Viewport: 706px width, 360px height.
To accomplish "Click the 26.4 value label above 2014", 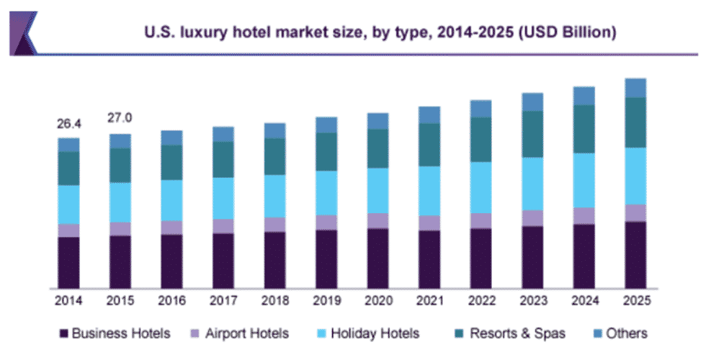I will pyautogui.click(x=69, y=124).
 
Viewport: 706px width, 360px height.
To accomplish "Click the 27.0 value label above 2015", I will pyautogui.click(x=120, y=118).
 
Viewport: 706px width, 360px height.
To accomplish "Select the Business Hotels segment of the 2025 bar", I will pyautogui.click(x=635, y=255).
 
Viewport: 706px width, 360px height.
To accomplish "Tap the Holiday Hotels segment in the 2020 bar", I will pyautogui.click(x=377, y=190).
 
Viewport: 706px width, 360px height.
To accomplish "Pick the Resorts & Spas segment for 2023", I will pyautogui.click(x=532, y=134).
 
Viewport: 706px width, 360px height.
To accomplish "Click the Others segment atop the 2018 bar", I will pyautogui.click(x=274, y=130).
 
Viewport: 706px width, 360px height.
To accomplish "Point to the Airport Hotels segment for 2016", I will pyautogui.click(x=171, y=228).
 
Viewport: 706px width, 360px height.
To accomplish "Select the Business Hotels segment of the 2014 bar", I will pyautogui.click(x=69, y=262).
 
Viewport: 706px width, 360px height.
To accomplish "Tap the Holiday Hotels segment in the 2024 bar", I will pyautogui.click(x=584, y=180).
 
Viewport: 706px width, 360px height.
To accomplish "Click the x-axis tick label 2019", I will pyautogui.click(x=326, y=300).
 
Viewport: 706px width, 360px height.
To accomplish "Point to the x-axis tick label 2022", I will pyautogui.click(x=481, y=300).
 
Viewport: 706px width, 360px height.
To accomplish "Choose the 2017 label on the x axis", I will pyautogui.click(x=223, y=300).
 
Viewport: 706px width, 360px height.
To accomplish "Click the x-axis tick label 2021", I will pyautogui.click(x=429, y=300).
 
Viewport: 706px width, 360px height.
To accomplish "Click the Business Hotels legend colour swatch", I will pyautogui.click(x=64, y=333).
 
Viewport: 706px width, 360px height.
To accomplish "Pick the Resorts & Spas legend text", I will pyautogui.click(x=517, y=333).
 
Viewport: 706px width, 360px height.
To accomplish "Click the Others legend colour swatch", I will pyautogui.click(x=595, y=333).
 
